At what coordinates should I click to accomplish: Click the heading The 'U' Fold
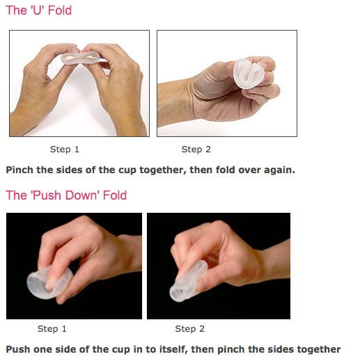coord(38,10)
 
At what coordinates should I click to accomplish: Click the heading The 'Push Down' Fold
coord(66,195)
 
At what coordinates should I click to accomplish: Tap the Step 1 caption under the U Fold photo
coord(65,150)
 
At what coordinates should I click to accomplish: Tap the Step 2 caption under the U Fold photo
coord(196,150)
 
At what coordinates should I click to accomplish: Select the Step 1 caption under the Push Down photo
coord(52,329)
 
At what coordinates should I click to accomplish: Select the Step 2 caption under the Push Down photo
coord(190,329)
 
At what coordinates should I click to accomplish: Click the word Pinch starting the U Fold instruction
coord(19,170)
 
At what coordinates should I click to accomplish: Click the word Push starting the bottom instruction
coord(18,349)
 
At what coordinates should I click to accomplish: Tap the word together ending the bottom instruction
coord(319,350)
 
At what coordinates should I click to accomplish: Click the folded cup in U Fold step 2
coord(249,74)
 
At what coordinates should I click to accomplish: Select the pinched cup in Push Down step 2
coord(187,282)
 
